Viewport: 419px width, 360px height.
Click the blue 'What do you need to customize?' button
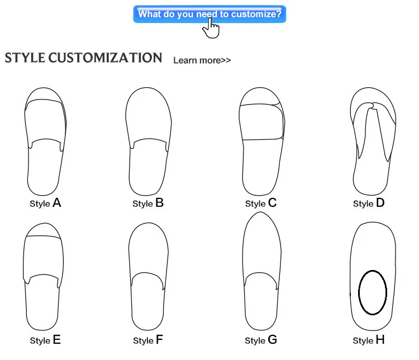[209, 14]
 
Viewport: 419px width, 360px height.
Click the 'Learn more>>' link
[202, 60]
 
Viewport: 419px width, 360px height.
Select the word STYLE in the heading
[25, 58]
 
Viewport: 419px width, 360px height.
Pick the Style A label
[45, 203]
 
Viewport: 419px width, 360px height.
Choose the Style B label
[148, 203]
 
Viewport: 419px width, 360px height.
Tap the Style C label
[261, 203]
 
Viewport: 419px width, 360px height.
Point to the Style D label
[369, 203]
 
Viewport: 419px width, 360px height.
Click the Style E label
[45, 340]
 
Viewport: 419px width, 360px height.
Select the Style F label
[148, 340]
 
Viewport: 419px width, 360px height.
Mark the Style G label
[261, 340]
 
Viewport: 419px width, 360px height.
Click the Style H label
[369, 340]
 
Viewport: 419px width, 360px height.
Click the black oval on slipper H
[372, 292]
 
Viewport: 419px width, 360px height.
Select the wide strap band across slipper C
[261, 121]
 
